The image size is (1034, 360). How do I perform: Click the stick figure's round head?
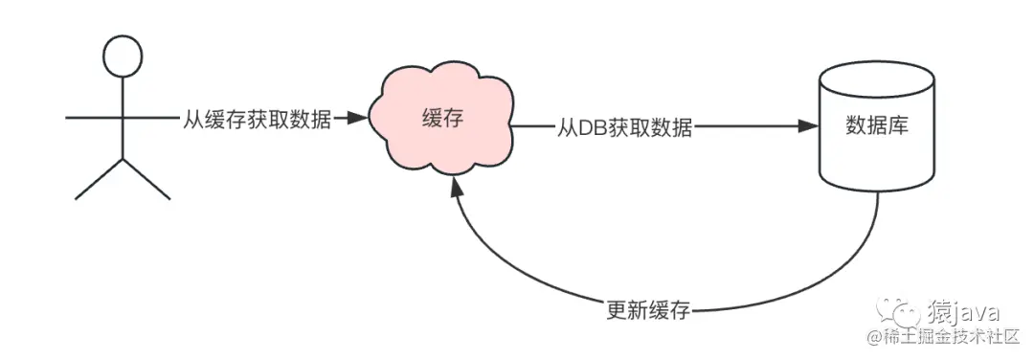[122, 58]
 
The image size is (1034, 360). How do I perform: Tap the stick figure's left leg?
[99, 179]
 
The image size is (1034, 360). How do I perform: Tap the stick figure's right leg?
[146, 179]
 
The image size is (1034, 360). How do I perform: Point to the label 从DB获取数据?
[624, 128]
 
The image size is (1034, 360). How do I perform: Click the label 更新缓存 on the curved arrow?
[648, 309]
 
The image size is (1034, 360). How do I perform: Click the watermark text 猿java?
[962, 311]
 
